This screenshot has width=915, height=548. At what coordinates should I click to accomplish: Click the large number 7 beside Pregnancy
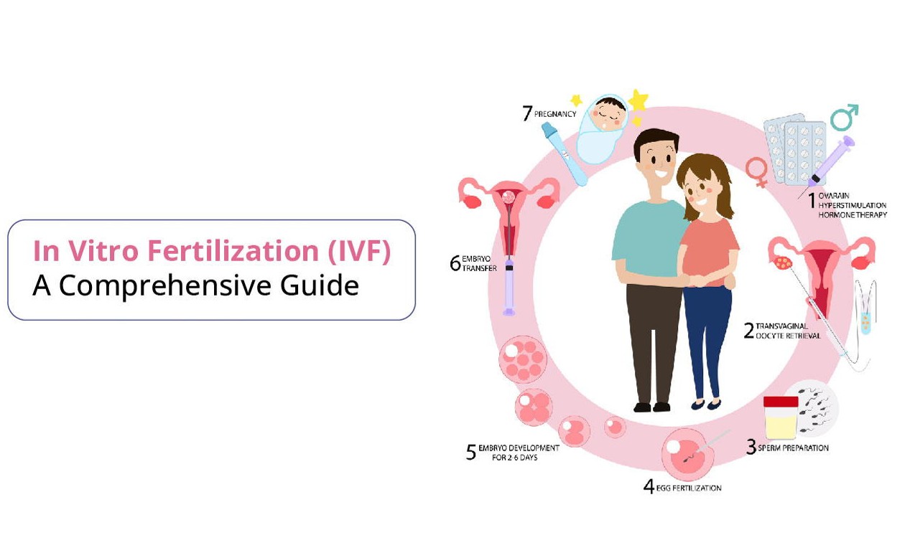(x=527, y=113)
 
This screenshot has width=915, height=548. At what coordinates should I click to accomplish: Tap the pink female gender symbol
(x=756, y=172)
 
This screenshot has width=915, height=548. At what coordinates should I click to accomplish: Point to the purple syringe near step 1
(x=832, y=161)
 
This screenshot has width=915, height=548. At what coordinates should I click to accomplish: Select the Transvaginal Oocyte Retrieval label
(x=787, y=331)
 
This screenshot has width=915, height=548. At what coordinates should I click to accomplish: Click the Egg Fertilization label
(x=688, y=488)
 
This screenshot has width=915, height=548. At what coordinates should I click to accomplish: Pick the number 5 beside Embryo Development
(x=471, y=453)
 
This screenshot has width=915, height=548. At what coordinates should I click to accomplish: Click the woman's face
(x=699, y=190)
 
